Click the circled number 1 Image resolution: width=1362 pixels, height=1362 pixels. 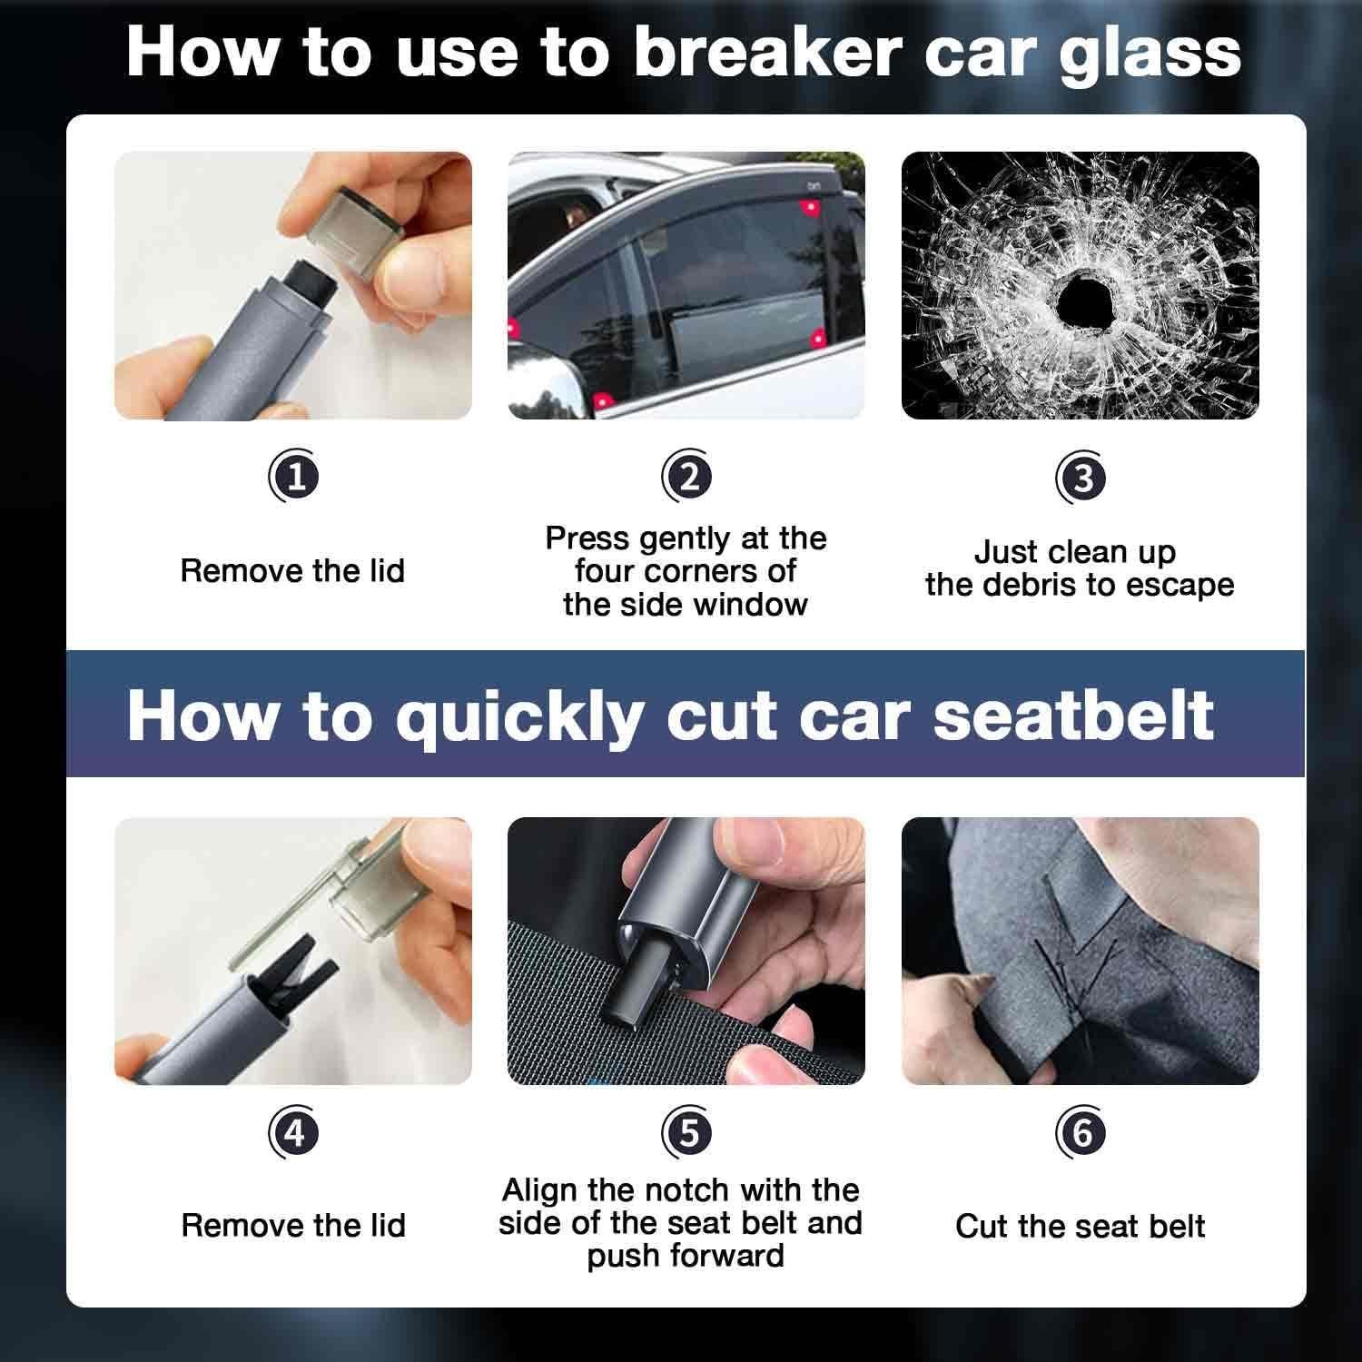point(294,478)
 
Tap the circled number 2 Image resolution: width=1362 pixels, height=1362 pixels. point(686,478)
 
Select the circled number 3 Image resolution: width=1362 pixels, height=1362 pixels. point(1081,478)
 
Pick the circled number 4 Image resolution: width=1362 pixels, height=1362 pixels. point(294,1132)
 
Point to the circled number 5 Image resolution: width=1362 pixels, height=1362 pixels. point(686,1132)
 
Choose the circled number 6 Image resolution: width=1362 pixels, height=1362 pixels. point(1081,1132)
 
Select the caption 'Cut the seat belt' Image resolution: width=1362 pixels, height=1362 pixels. point(1080,1227)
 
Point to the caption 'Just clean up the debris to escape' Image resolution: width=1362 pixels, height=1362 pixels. point(1080,568)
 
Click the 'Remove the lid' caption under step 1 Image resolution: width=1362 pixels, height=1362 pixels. point(292,571)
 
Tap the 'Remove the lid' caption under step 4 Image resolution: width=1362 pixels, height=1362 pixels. point(292,1226)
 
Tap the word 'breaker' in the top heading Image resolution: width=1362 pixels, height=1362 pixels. point(765,53)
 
